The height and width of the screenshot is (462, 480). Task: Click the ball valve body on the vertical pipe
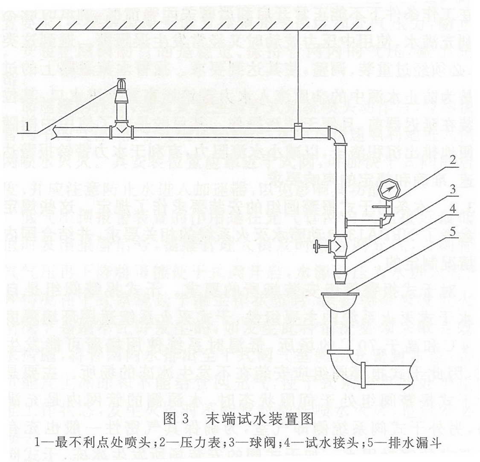340,247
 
